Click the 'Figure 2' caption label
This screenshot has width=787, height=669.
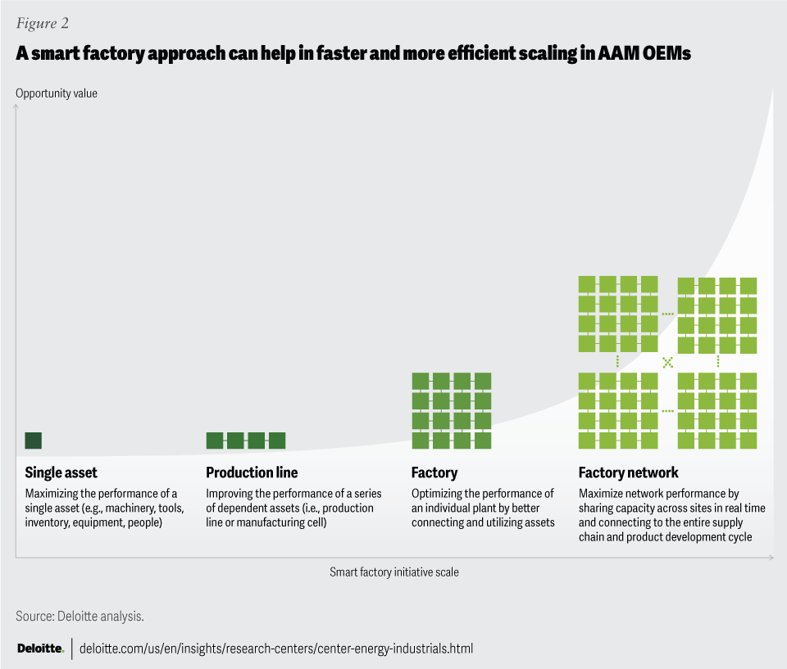(41, 23)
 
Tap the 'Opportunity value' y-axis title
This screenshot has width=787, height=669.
(57, 93)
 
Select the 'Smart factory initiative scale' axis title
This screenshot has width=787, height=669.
(394, 572)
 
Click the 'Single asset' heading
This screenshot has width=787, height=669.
(61, 472)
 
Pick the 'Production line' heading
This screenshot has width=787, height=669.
(252, 472)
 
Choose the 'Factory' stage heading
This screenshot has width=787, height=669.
(434, 472)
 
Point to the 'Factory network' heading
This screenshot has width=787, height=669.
(629, 472)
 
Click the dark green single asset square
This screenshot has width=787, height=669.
(33, 441)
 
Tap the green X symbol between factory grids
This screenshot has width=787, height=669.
(667, 361)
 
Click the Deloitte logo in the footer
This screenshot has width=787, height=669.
(40, 649)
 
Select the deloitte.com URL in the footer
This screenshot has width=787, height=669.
(276, 649)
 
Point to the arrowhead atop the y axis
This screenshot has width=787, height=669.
(16, 106)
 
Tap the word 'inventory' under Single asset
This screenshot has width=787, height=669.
(48, 522)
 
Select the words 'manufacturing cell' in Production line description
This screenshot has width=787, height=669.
(282, 522)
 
